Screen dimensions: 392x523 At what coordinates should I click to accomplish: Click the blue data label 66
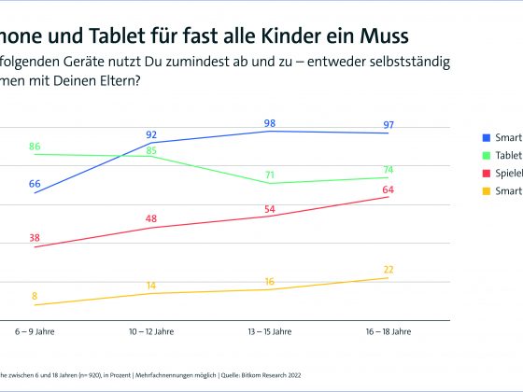coord(35,184)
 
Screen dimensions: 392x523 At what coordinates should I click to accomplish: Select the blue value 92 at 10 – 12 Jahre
coord(151,134)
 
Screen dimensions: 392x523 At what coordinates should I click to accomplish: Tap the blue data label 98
coord(270,123)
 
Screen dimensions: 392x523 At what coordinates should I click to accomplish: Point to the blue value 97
coord(389,125)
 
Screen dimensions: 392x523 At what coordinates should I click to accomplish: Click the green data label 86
coord(35,147)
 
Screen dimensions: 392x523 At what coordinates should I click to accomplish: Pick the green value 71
coord(270,175)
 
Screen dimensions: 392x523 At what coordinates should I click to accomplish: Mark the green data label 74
coord(389,170)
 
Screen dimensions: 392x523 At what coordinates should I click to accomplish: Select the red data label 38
coord(35,237)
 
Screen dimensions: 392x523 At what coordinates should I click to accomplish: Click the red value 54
coord(270,208)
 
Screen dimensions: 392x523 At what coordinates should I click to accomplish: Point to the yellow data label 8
coord(35,296)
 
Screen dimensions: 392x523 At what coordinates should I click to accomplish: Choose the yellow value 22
coord(389,270)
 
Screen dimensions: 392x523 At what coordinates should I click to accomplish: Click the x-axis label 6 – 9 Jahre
coord(35,331)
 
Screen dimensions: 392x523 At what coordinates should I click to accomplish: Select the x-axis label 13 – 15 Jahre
coord(270,331)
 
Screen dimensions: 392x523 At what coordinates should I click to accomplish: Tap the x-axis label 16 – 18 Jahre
coord(389,331)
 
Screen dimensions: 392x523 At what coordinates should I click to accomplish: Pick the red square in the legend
coord(486,173)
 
